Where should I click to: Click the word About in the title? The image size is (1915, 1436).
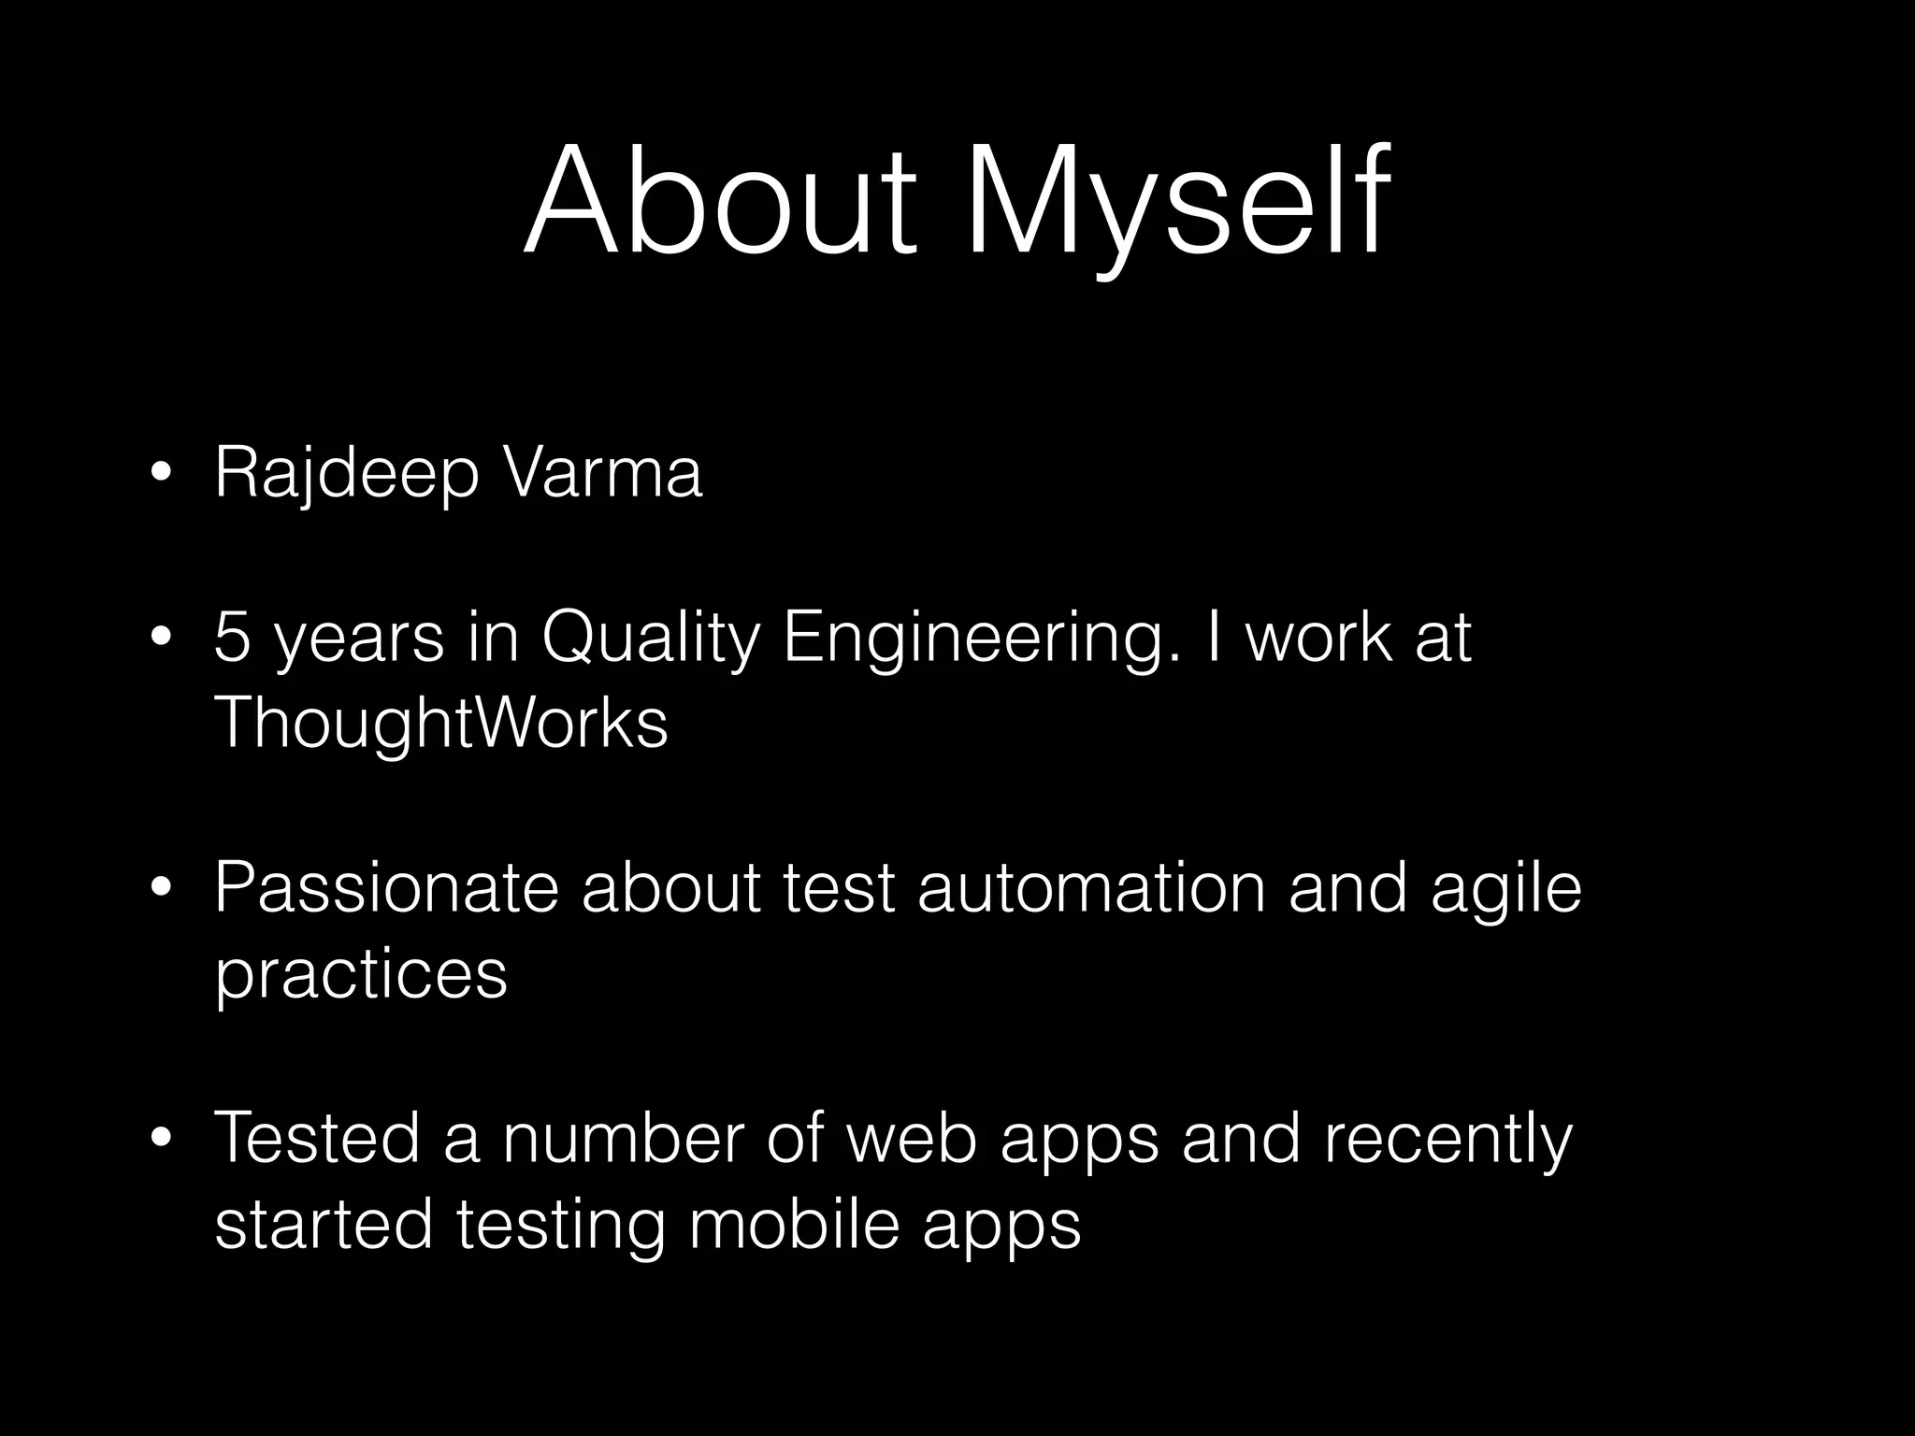(x=720, y=201)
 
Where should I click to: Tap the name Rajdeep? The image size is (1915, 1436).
(x=346, y=475)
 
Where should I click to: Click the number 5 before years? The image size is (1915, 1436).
(x=232, y=639)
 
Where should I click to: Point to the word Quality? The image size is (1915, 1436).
(x=650, y=640)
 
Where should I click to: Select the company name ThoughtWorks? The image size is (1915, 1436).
(x=441, y=723)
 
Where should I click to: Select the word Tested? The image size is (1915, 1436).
(x=318, y=1139)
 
